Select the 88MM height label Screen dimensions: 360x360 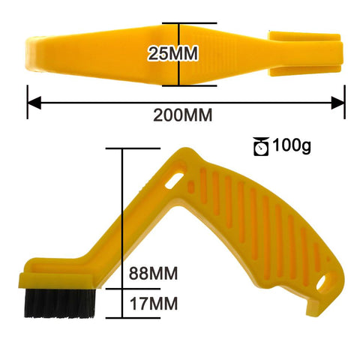pos(153,273)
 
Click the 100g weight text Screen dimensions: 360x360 pos(292,145)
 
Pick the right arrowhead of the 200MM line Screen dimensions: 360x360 pos(340,100)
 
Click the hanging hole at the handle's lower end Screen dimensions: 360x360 pos(325,283)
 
